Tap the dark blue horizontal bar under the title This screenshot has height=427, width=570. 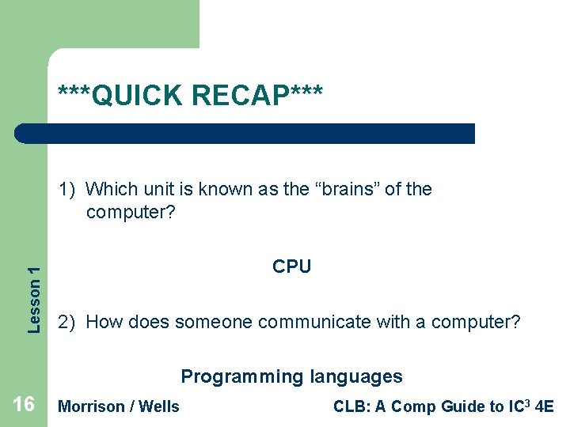[x=245, y=134]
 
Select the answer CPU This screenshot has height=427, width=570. [x=291, y=267]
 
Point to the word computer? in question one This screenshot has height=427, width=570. [x=131, y=213]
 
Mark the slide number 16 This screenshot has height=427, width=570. [x=24, y=405]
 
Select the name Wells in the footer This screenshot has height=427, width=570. [x=159, y=406]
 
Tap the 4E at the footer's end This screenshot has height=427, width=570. [x=544, y=406]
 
